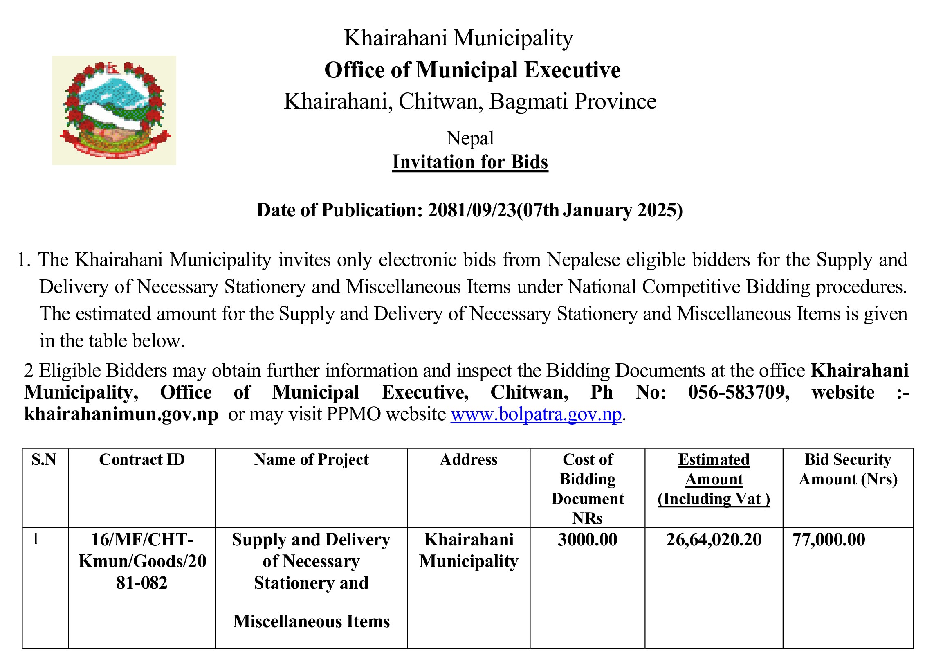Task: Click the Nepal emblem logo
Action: [114, 110]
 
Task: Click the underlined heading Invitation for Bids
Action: [470, 162]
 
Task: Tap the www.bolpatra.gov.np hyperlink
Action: [535, 414]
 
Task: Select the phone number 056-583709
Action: [739, 392]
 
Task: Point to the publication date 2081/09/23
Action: [472, 210]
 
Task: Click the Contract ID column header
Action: [141, 459]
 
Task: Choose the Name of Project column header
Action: [311, 459]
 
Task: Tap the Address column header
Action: [468, 459]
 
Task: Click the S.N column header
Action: [44, 459]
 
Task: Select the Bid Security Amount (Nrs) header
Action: [848, 469]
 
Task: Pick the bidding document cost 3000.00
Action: [587, 540]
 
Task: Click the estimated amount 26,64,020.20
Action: [714, 540]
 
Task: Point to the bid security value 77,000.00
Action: [828, 540]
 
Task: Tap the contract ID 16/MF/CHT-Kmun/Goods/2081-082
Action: [141, 561]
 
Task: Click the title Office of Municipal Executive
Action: [472, 70]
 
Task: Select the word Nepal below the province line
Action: [470, 138]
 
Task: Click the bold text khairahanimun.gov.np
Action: [121, 414]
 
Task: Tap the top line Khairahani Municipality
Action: [458, 38]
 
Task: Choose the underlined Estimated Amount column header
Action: [714, 479]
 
